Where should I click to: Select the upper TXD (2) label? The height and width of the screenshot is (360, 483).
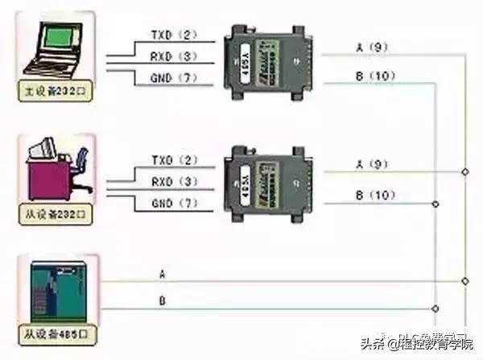coord(173,36)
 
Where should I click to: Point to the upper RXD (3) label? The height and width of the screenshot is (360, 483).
coord(173,56)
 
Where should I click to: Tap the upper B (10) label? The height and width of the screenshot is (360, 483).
coord(371,77)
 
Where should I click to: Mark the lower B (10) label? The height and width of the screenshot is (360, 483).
coord(371,195)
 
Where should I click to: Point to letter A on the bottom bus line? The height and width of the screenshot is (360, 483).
coord(163,275)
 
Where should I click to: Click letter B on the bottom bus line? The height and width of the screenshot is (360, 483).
coord(163,302)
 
